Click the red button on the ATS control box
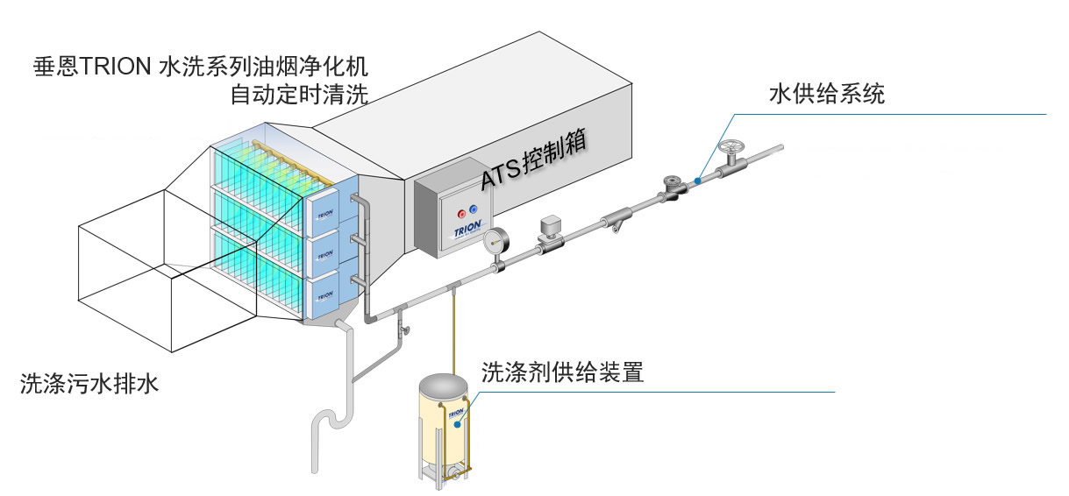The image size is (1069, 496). click(x=461, y=213)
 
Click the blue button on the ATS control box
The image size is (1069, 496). click(x=474, y=209)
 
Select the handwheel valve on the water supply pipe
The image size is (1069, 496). click(x=729, y=150)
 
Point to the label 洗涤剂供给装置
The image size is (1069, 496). click(x=562, y=372)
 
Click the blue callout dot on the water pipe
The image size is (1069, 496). click(x=696, y=179)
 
